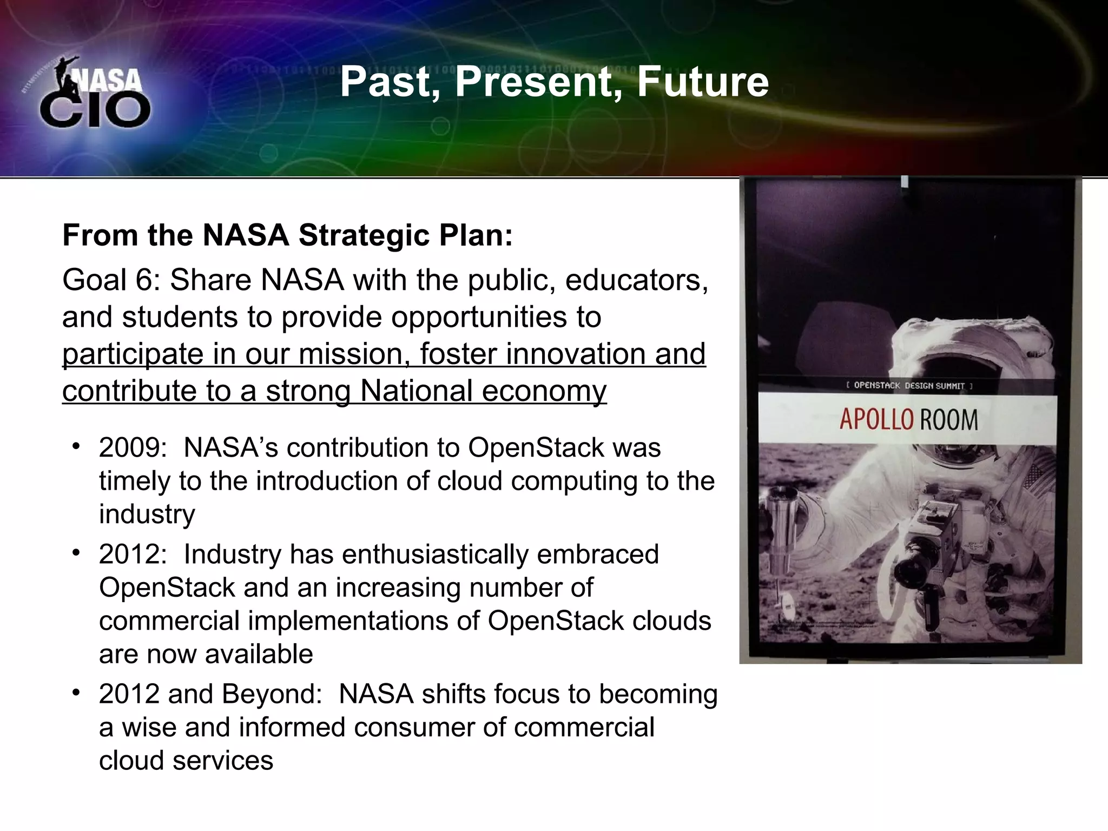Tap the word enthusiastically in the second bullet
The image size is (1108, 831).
[x=427, y=555]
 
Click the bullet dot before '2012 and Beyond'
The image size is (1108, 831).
[x=76, y=692]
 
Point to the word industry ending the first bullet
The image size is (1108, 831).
[x=147, y=514]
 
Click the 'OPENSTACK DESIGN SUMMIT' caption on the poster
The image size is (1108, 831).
[x=909, y=386]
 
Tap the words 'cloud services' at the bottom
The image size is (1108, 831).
[x=186, y=761]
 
